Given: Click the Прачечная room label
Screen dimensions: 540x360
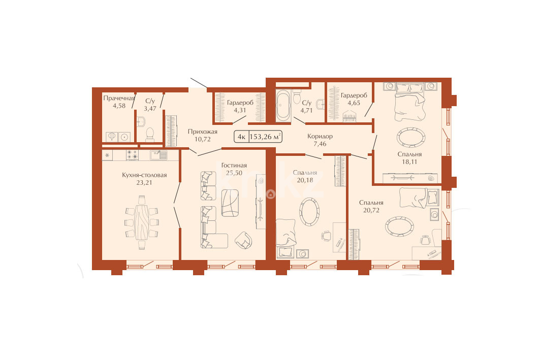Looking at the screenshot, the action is (119, 98).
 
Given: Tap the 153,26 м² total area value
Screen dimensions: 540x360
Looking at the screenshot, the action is (265, 137).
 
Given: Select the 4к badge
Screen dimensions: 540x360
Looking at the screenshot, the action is (241, 137).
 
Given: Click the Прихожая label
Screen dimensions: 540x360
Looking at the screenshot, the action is (203, 132).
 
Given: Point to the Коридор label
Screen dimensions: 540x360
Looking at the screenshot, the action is (320, 136).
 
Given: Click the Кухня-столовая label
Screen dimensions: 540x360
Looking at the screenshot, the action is (144, 175).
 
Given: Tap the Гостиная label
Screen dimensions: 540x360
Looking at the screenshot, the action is (234, 166).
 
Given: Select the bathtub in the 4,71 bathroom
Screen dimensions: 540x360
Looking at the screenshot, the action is (283, 105).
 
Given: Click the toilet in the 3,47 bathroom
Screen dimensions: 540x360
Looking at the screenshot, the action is (150, 134).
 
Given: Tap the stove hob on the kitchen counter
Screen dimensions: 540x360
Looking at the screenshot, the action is (132, 155).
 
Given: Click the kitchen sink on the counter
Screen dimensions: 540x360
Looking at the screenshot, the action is (158, 155).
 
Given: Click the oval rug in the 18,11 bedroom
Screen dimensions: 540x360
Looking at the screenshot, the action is (411, 138).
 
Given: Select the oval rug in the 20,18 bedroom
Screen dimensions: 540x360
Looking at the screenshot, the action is (309, 212).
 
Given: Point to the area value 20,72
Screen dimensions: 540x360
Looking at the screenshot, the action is (371, 210).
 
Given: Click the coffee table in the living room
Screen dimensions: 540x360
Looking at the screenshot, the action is (230, 203).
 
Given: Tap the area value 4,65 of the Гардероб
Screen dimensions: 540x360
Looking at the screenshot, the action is (354, 103).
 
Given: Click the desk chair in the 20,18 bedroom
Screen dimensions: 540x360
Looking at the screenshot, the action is (326, 236).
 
